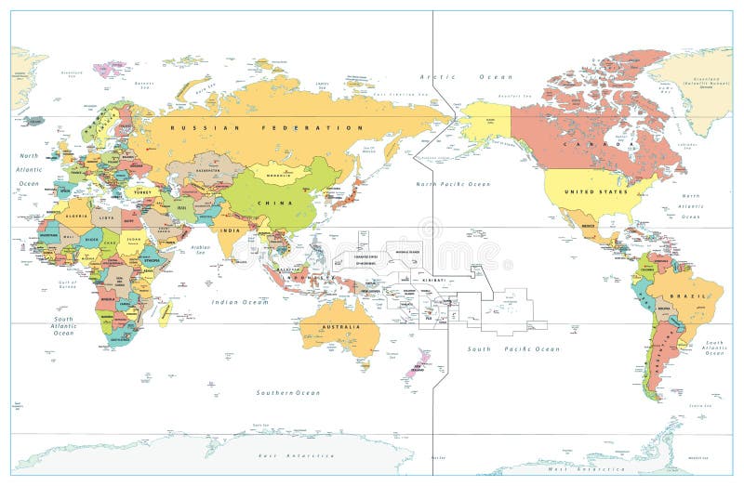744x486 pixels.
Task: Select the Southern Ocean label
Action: click(x=288, y=392)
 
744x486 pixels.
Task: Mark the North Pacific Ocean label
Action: click(x=453, y=184)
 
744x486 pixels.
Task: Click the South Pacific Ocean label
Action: click(x=513, y=348)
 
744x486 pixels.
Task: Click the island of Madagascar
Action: click(x=165, y=313)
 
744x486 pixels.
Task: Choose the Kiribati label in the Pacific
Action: click(x=431, y=277)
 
